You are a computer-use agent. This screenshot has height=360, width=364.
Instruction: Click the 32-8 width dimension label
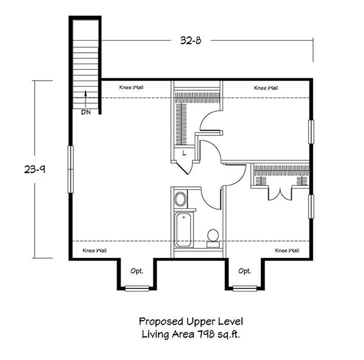point(190,41)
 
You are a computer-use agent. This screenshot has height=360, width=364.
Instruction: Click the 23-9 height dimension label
point(35,169)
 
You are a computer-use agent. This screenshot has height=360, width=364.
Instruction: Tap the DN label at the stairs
point(86,112)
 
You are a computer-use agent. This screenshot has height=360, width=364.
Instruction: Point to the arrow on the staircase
point(86,98)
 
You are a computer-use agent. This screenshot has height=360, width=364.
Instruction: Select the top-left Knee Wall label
point(131,87)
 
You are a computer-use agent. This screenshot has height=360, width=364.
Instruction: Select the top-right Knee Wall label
point(266,88)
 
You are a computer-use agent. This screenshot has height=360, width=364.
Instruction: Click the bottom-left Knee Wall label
point(95,251)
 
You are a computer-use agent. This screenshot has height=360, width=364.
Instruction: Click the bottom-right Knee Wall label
point(287,251)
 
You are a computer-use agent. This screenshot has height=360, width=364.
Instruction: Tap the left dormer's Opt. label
point(136,271)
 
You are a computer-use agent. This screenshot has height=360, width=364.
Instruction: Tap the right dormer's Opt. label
point(244,271)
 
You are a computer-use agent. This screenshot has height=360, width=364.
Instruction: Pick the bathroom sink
point(180,199)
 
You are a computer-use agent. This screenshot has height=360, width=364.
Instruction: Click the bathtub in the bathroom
point(183,230)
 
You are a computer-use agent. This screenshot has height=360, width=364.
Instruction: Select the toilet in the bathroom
point(213,239)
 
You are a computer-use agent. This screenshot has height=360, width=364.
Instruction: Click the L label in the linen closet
point(184,153)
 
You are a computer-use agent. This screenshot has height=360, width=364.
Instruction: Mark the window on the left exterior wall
point(70,169)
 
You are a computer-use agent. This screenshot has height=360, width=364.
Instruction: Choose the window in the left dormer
point(137,288)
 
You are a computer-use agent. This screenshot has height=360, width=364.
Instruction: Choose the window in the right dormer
point(245,288)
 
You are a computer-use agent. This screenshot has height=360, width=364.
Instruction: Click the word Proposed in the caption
point(161,322)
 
